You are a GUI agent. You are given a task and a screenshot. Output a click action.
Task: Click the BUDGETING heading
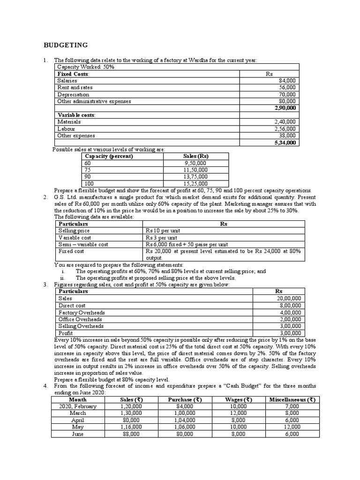(66, 45)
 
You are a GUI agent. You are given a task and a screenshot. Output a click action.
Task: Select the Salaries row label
(67, 81)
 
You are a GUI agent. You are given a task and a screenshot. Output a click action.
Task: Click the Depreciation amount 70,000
(287, 94)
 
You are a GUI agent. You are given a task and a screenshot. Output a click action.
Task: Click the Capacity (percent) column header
(108, 156)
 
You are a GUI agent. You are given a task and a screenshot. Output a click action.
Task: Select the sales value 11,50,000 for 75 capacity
(196, 170)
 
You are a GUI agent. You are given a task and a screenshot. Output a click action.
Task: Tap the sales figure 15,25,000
(196, 183)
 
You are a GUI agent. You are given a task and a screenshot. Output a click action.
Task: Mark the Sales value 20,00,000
(291, 298)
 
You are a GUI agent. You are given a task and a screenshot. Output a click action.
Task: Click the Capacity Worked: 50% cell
(85, 67)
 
